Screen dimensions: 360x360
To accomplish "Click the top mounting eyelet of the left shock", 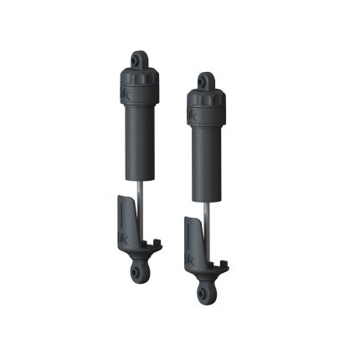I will click(139, 60).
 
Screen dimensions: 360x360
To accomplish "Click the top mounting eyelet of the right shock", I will click(204, 81).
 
